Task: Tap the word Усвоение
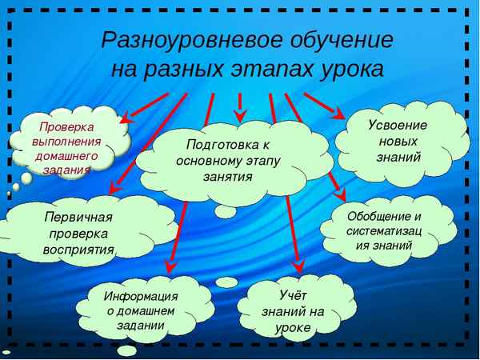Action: point(397,126)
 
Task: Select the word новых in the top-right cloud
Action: point(398,141)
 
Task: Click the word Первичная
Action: point(78,218)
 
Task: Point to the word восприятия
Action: point(78,249)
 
